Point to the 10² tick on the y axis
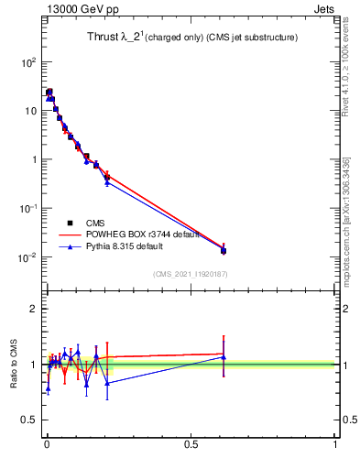pos(29,62)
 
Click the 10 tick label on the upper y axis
pos(31,111)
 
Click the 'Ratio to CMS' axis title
pos(14,365)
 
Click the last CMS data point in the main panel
pos(224,250)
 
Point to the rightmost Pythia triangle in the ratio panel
pos(224,357)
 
